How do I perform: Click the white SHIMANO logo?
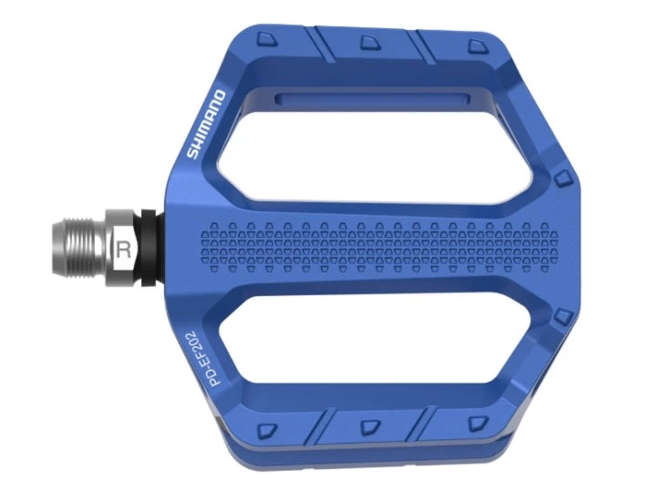(x=206, y=123)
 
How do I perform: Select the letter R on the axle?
(x=123, y=247)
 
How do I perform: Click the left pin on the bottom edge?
(x=265, y=429)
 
